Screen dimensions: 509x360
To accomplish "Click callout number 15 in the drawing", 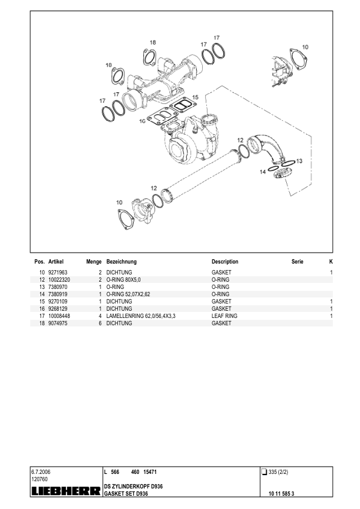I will click(195, 97).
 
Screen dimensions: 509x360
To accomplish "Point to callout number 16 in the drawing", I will click(142, 122).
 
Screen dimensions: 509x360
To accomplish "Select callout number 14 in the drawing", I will click(263, 172).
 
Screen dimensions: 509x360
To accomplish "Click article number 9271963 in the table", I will click(58, 273).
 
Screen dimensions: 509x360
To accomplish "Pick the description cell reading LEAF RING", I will click(224, 316).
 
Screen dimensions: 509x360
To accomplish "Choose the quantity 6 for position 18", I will click(99, 323).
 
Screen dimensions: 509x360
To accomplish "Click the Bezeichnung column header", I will click(121, 262).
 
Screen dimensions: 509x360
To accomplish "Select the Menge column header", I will click(93, 262).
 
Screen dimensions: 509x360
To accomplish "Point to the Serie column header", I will click(297, 262).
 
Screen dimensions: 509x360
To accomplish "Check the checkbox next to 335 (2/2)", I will click(264, 472).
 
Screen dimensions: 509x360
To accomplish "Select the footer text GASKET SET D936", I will click(126, 494).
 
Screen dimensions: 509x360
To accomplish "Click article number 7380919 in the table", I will click(58, 294).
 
